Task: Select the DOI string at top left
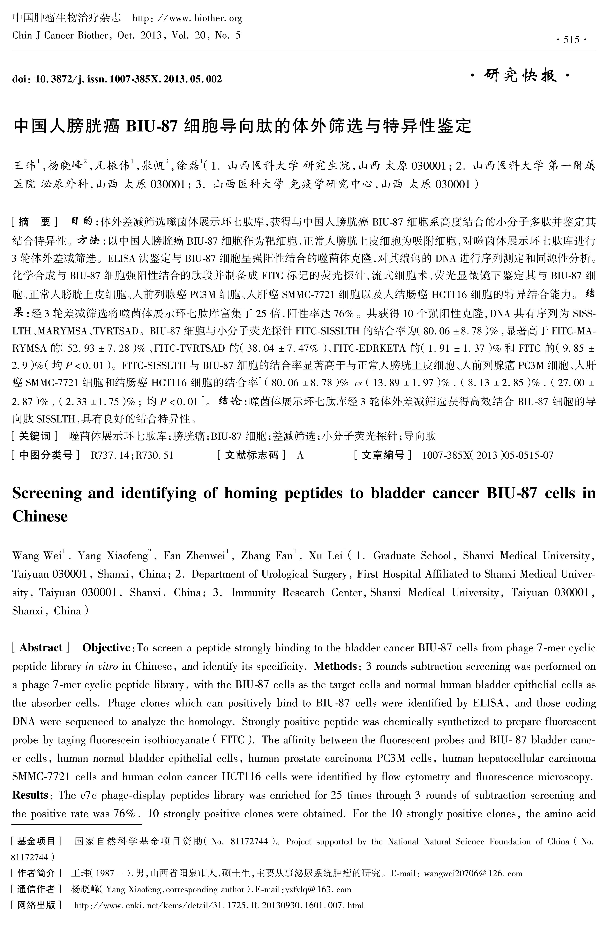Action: pyautogui.click(x=117, y=79)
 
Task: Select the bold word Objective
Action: pyautogui.click(x=106, y=648)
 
